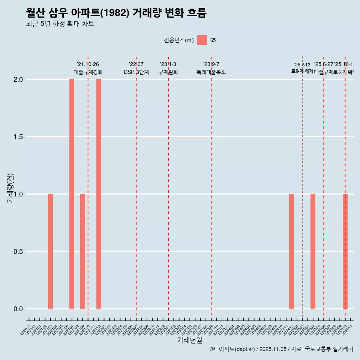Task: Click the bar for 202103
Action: (x=50, y=251)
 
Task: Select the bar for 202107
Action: (x=72, y=194)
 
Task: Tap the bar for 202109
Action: (x=82, y=251)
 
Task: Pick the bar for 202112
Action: (x=99, y=194)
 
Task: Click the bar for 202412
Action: (x=291, y=251)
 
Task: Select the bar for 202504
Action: (x=313, y=251)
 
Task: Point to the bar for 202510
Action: (x=345, y=251)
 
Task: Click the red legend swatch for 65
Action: (x=202, y=40)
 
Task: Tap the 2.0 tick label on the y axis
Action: (x=19, y=79)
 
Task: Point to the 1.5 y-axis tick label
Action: (x=19, y=137)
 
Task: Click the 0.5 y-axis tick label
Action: (x=19, y=252)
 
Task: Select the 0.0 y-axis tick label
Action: (x=19, y=309)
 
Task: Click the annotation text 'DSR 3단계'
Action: (x=136, y=72)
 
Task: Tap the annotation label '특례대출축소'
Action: (x=211, y=72)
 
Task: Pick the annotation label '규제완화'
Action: (x=168, y=72)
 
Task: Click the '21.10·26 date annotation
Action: (x=88, y=64)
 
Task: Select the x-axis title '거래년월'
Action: (x=189, y=340)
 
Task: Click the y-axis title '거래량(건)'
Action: (x=10, y=188)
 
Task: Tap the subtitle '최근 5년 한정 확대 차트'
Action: (x=60, y=24)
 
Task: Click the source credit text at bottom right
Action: (x=281, y=349)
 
